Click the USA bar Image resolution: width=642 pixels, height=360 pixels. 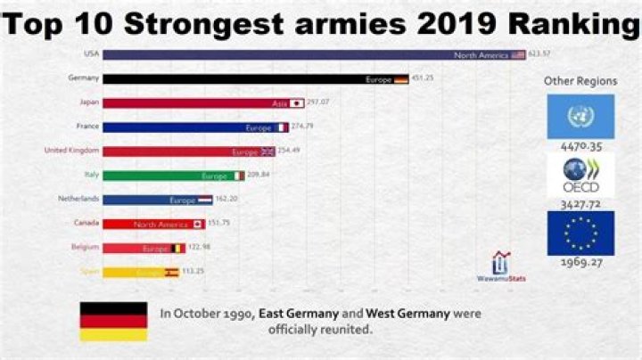tap(312, 54)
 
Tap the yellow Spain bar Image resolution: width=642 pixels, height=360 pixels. tap(141, 272)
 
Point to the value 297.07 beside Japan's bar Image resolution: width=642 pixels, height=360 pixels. tap(318, 102)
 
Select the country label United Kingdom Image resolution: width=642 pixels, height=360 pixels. tap(71, 151)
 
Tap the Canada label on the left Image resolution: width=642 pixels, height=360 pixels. tap(86, 223)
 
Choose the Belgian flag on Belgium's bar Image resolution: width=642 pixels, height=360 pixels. tap(177, 248)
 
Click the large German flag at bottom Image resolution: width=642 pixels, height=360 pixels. tap(113, 321)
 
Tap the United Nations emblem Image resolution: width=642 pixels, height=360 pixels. tap(580, 116)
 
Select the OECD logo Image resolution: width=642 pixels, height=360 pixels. tap(580, 176)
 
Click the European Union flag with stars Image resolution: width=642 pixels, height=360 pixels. tap(580, 233)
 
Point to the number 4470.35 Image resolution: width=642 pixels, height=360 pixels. tap(580, 146)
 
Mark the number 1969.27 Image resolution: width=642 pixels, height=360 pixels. tap(580, 263)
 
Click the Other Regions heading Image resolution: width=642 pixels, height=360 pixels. tap(580, 81)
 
